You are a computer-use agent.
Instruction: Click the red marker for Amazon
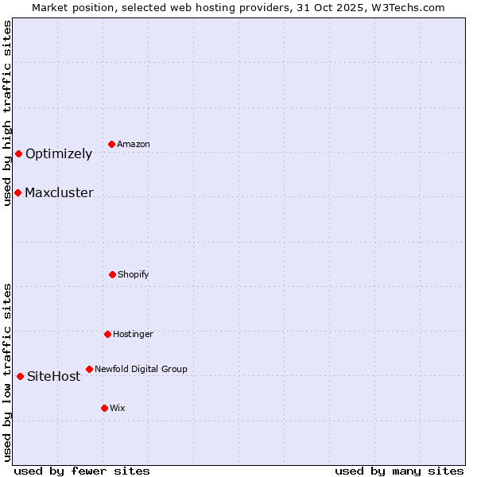(x=112, y=144)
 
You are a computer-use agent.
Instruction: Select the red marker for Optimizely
(x=18, y=153)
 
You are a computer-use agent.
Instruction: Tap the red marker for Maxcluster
(x=17, y=192)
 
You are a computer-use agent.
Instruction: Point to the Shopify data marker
(x=112, y=274)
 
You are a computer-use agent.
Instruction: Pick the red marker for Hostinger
(x=107, y=334)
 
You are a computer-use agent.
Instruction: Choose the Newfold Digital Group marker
(x=89, y=369)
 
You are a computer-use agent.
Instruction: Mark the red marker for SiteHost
(x=20, y=376)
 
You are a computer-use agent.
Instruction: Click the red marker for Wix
(x=104, y=408)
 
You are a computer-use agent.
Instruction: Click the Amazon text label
(x=134, y=145)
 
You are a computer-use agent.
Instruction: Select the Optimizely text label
(x=59, y=154)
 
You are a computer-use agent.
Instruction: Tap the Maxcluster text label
(x=59, y=193)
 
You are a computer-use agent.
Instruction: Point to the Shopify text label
(x=134, y=275)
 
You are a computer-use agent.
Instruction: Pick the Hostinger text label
(x=133, y=335)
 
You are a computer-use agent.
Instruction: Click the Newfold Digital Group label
(x=141, y=370)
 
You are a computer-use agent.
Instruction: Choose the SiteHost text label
(x=54, y=377)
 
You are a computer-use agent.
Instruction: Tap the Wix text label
(x=118, y=409)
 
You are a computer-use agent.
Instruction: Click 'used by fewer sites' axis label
(x=82, y=471)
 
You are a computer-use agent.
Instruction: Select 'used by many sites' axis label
(x=399, y=471)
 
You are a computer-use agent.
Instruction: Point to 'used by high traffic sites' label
(x=7, y=113)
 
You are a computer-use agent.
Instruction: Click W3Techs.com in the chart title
(x=406, y=7)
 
